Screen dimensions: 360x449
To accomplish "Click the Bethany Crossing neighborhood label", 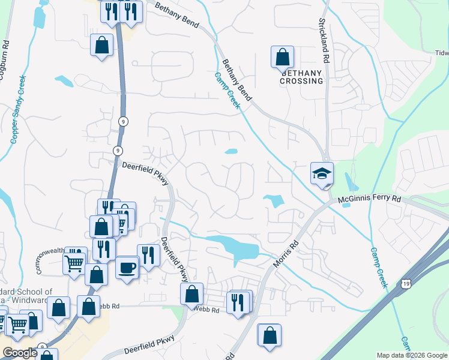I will [301, 76].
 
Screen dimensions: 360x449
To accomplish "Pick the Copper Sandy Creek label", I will [18, 109].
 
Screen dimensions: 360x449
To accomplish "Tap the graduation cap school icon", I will [322, 173].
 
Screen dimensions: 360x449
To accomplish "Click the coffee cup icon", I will [127, 267].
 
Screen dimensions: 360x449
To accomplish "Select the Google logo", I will [20, 353].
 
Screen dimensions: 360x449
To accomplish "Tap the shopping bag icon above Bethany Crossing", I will [282, 58].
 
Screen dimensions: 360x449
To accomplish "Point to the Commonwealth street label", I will [50, 262].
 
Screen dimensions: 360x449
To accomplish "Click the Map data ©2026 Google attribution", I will [412, 355].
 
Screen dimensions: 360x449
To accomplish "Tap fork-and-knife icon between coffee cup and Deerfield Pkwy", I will [148, 255].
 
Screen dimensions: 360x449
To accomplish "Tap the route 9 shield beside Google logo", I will [43, 347].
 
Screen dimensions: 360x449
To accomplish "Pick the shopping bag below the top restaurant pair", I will [102, 44].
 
